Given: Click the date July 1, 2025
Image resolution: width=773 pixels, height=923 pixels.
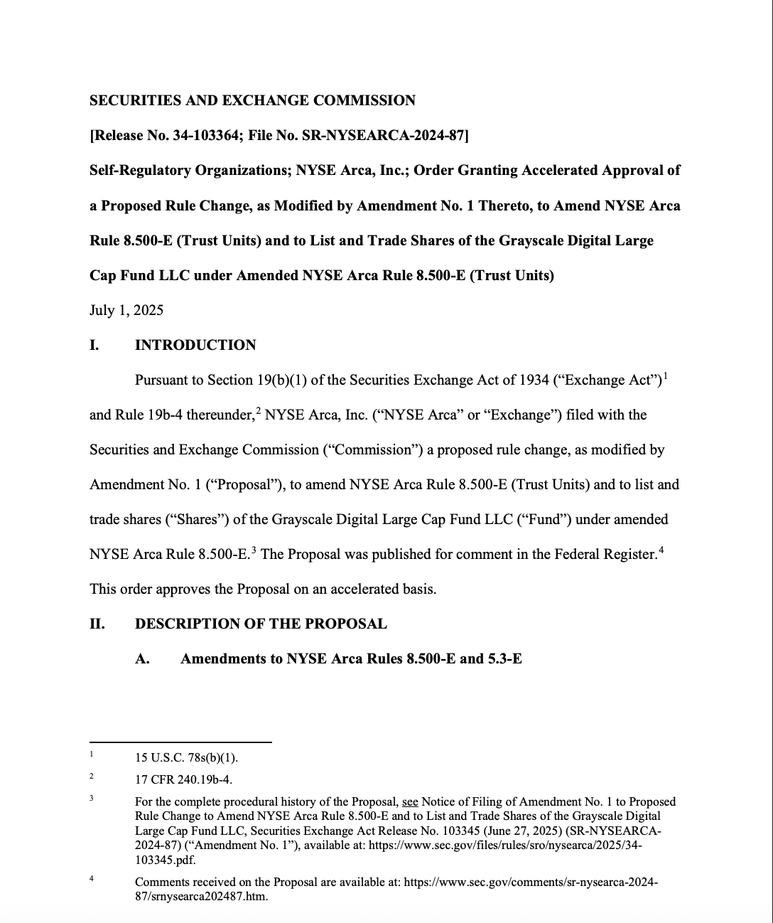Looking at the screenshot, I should pyautogui.click(x=126, y=310).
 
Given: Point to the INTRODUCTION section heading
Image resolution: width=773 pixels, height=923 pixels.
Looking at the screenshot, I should pyautogui.click(x=195, y=345).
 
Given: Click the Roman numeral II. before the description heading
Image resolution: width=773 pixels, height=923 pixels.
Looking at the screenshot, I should pyautogui.click(x=97, y=624).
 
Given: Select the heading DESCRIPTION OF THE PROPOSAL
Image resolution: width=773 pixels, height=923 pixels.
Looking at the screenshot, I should pyautogui.click(x=261, y=624).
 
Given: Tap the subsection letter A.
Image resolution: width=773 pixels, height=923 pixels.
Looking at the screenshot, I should pyautogui.click(x=142, y=658).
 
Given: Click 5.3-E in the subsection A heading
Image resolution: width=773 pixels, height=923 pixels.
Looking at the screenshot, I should pyautogui.click(x=504, y=658).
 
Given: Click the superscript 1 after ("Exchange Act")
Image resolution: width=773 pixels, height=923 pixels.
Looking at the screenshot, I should pyautogui.click(x=664, y=375).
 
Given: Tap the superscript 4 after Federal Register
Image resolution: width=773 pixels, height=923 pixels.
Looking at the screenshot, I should pyautogui.click(x=661, y=549).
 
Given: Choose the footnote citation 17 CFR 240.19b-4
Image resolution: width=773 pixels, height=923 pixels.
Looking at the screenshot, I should pyautogui.click(x=183, y=779).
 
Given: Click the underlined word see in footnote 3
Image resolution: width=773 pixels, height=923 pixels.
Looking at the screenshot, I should pyautogui.click(x=410, y=801).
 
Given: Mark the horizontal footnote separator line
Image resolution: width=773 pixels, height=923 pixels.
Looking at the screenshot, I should pyautogui.click(x=180, y=742).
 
